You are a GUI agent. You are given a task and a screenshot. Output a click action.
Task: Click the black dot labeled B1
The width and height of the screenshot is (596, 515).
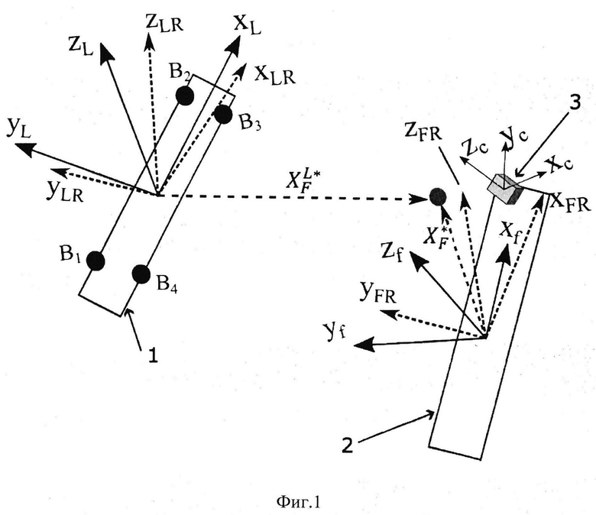click(96, 261)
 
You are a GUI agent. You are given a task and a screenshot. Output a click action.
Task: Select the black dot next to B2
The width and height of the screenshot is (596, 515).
click(185, 96)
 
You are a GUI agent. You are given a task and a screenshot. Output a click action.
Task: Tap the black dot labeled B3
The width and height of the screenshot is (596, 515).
click(223, 115)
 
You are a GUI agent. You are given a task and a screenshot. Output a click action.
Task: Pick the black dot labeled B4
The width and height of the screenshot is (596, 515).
click(141, 274)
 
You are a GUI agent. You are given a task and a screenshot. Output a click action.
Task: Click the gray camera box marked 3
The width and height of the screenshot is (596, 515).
click(505, 188)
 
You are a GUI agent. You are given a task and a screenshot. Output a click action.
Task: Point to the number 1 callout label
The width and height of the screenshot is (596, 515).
click(153, 356)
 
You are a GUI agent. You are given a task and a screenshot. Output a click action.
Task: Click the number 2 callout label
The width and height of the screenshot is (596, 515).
click(348, 445)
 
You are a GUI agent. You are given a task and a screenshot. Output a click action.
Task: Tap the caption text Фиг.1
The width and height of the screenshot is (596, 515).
click(298, 503)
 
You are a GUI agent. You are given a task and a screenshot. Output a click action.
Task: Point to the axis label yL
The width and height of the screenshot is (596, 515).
click(18, 130)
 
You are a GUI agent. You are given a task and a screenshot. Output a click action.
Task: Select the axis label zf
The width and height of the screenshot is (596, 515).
click(392, 252)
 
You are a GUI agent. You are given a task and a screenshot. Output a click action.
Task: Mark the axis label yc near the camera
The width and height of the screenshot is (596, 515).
click(514, 136)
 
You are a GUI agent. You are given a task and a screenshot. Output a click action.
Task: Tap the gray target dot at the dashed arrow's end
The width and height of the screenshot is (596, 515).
click(438, 196)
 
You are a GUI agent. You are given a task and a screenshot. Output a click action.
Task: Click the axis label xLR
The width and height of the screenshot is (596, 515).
click(274, 74)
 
